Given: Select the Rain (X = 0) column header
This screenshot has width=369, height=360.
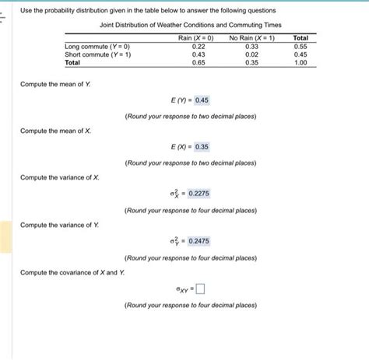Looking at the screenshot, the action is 197,37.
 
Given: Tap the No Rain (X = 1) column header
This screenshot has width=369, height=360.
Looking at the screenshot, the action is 251,37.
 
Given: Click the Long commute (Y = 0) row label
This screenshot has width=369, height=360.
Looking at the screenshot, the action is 97,46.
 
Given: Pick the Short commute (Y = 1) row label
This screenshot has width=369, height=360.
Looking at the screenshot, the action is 97,54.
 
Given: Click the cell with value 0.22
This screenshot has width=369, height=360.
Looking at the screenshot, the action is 198,46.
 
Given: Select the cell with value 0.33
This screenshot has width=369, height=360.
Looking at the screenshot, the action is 251,46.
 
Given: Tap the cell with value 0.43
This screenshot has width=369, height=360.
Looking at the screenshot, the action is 198,54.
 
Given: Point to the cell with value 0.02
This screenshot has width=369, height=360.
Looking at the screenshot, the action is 251,54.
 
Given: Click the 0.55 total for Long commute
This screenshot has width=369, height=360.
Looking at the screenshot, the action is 300,46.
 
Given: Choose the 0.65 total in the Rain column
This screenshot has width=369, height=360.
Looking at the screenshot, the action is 198,63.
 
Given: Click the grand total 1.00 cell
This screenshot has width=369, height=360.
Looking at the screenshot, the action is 300,63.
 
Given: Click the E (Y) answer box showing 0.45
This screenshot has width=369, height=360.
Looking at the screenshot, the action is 202,100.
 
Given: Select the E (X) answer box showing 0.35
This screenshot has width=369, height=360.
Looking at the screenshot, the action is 202,146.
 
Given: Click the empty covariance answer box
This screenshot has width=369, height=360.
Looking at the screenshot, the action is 200,289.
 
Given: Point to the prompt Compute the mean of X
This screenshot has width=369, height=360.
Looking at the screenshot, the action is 55,130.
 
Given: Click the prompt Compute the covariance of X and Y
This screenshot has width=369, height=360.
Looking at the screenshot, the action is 72,272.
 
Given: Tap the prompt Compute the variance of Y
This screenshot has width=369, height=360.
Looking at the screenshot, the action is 59,225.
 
